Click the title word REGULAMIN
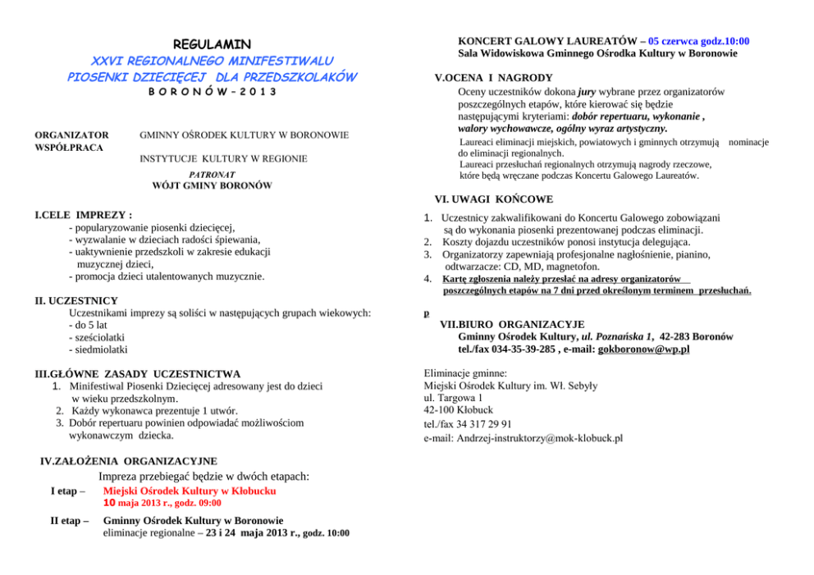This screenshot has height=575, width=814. [212, 43]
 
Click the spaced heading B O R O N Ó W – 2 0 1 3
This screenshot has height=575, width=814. [212, 91]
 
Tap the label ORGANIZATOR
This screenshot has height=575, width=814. [71, 135]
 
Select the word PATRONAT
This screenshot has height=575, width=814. [212, 175]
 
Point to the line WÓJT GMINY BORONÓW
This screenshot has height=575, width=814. [212, 186]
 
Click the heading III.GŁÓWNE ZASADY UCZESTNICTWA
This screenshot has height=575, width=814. [137, 374]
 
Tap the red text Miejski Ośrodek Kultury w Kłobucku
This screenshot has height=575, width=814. [189, 491]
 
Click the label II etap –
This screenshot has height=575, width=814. [70, 520]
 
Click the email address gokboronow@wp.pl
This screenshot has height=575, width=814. [644, 349]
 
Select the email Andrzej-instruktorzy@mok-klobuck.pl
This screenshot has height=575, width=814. [523, 438]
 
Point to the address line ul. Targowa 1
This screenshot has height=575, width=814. [453, 397]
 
